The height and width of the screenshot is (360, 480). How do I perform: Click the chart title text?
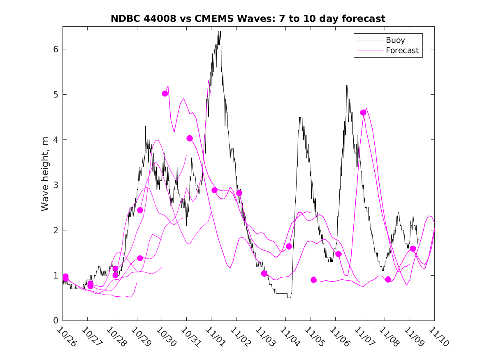coord(248,19)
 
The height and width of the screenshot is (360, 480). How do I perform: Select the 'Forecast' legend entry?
coord(402,51)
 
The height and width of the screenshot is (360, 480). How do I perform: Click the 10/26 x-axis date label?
coord(66,336)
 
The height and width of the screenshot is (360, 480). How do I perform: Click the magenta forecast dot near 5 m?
coord(165,94)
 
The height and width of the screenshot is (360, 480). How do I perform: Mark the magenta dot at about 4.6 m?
coord(363,112)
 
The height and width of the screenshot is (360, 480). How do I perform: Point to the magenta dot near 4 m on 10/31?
coord(190,138)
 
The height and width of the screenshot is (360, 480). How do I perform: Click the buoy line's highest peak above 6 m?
coord(220,32)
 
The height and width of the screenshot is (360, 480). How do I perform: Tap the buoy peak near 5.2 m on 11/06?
coord(347,86)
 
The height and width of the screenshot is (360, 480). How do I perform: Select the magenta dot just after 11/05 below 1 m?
coord(314,280)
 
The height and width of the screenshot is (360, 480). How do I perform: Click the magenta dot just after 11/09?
coord(413,249)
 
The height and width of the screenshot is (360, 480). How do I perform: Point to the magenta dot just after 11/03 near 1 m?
coord(264,274)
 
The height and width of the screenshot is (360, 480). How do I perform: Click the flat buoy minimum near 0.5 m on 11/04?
coord(289,297)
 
